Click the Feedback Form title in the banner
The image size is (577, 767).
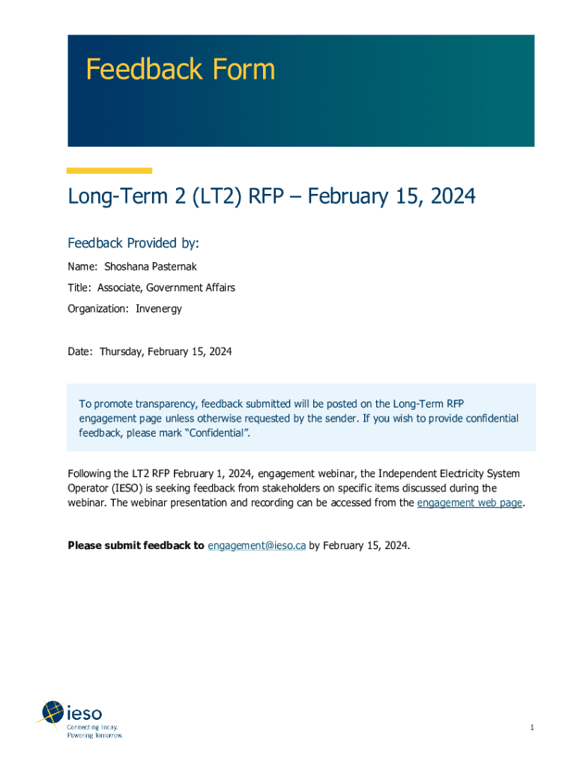pyautogui.click(x=180, y=70)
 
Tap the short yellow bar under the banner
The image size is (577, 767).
pyautogui.click(x=109, y=171)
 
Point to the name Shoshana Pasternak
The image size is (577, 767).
pyautogui.click(x=145, y=267)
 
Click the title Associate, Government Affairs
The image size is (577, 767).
pyautogui.click(x=165, y=288)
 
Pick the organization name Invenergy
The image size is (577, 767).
pyautogui.click(x=159, y=309)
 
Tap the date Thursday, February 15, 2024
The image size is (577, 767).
pyautogui.click(x=166, y=351)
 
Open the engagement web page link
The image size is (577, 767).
pyautogui.click(x=469, y=503)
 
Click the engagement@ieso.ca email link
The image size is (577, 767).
pyautogui.click(x=256, y=545)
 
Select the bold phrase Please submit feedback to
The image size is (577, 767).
pyautogui.click(x=136, y=545)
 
